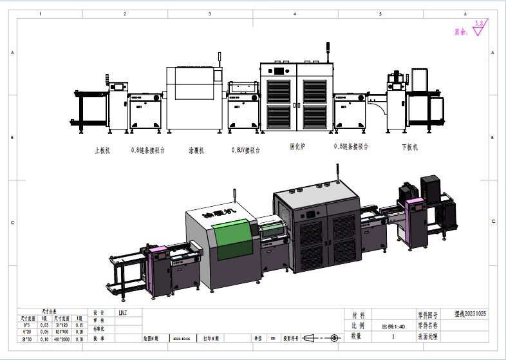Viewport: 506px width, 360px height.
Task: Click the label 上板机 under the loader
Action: click(103, 150)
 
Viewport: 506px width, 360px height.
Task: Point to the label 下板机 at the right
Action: click(409, 147)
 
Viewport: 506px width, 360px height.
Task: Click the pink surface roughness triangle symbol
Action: click(478, 28)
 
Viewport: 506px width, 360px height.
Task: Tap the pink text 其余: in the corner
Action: click(461, 31)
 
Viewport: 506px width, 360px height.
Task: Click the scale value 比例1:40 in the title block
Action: click(392, 326)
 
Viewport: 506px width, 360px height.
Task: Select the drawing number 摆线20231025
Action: click(471, 315)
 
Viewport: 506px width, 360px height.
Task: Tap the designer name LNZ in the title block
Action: click(123, 313)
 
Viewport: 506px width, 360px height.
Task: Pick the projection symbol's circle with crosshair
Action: click(333, 337)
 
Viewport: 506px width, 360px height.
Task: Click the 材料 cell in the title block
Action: click(359, 316)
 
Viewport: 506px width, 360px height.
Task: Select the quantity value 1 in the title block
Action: click(393, 336)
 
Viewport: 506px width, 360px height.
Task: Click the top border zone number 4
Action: click(295, 14)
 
